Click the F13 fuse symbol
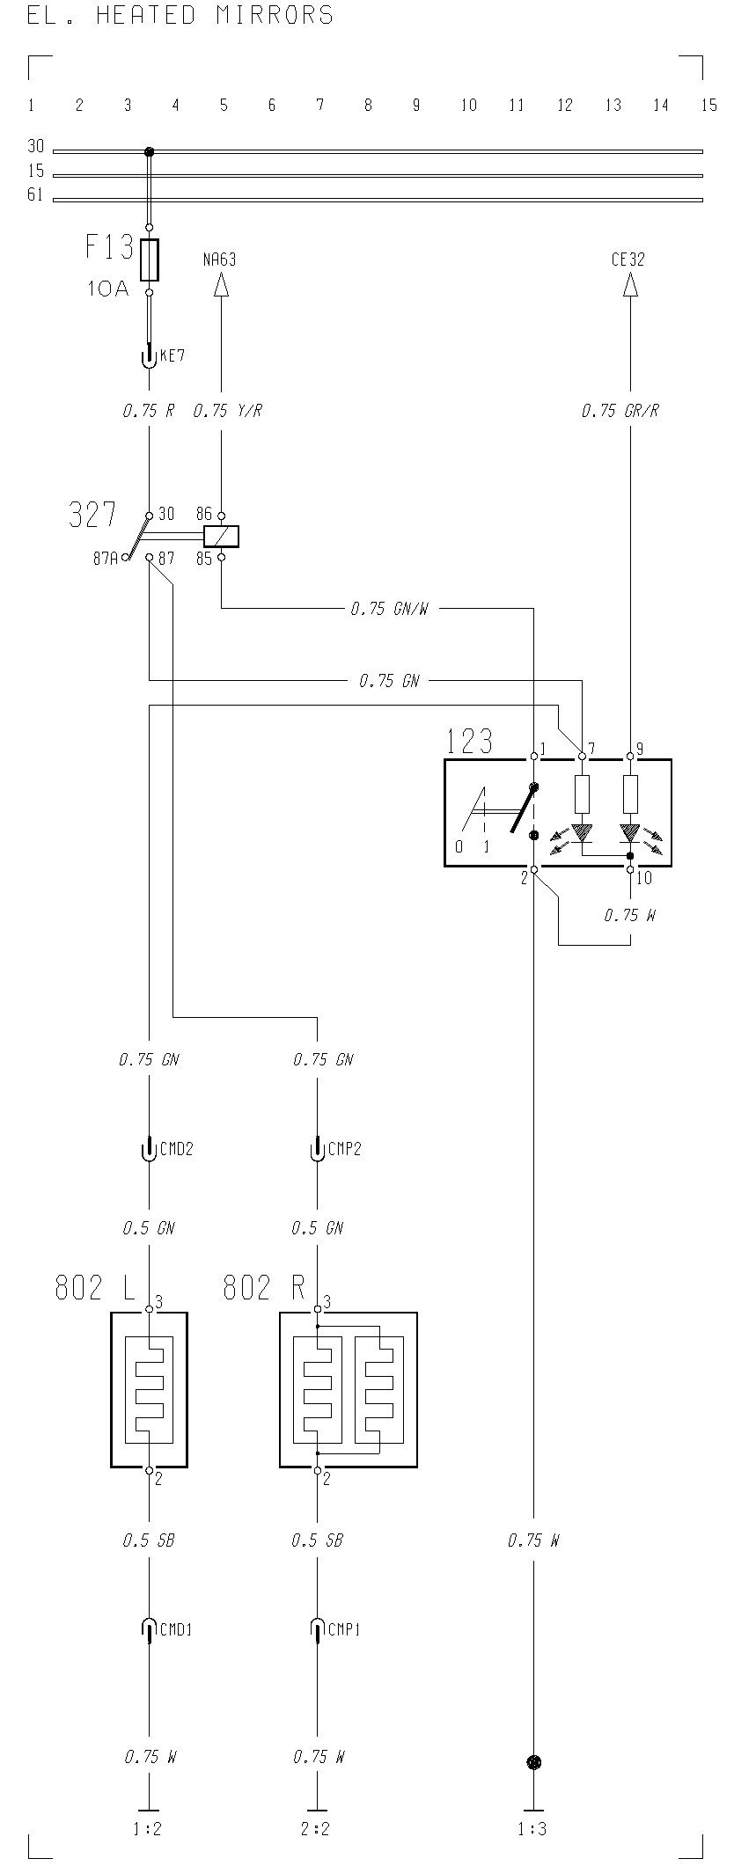tap(149, 260)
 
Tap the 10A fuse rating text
tap(108, 288)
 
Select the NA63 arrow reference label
tap(220, 260)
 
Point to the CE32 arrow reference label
tap(628, 260)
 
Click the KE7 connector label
tap(172, 356)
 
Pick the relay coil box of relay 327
tap(221, 536)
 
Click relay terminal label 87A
tap(106, 558)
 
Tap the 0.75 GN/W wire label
tap(389, 608)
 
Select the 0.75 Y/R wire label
tap(227, 411)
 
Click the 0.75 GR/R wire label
tap(620, 411)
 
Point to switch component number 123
tap(469, 742)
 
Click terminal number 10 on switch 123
tap(644, 877)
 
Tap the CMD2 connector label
tap(176, 1148)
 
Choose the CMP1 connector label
tap(344, 1629)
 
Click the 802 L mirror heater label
tap(95, 1288)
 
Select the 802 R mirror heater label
tap(264, 1288)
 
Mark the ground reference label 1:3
tap(532, 1829)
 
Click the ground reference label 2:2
tap(315, 1829)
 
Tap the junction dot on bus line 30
tap(149, 151)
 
